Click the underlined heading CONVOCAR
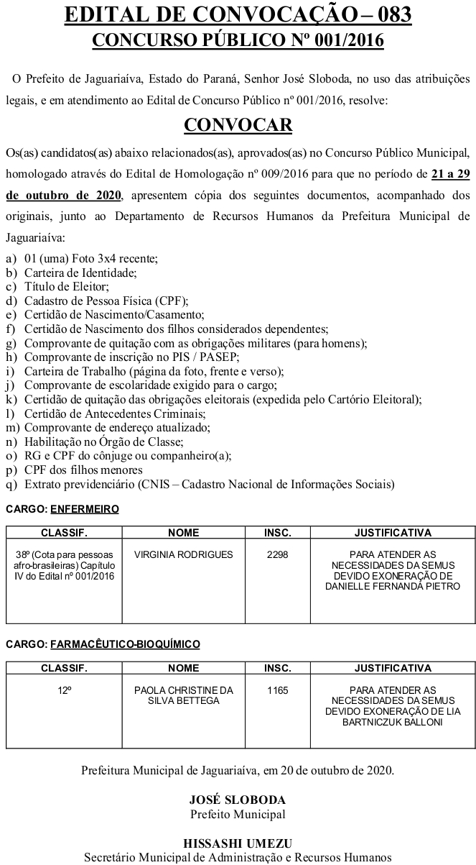238,125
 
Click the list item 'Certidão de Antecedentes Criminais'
115,414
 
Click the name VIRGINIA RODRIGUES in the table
184,555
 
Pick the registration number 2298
277,555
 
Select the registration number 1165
277,690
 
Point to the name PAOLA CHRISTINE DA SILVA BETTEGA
184,695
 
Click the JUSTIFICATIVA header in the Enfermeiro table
393,533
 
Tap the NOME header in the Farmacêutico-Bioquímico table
184,668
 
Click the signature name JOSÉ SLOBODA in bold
238,800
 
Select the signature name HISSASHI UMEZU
238,843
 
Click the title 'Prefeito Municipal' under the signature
238,815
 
